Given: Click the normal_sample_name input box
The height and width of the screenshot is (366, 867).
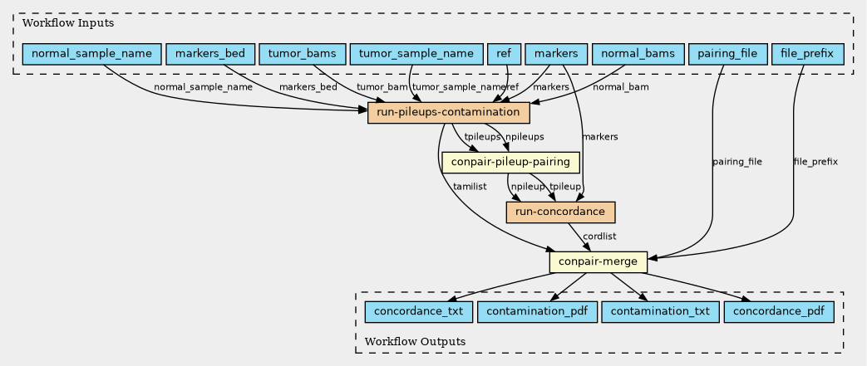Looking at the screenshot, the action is tap(91, 54).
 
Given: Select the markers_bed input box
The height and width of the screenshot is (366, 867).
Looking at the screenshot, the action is tap(210, 54).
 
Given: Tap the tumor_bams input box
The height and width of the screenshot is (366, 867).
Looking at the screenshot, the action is tap(302, 54).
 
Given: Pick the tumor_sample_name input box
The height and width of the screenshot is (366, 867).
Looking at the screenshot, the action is tap(416, 54).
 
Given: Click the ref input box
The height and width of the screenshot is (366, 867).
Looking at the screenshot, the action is tap(504, 54).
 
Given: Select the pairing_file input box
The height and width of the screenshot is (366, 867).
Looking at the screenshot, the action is tap(727, 54).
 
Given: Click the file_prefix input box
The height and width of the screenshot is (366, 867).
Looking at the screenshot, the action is tap(807, 54).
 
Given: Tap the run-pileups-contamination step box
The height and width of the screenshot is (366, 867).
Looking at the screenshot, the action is tap(448, 113).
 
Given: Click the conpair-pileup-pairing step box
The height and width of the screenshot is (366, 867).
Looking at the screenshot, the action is tap(510, 163).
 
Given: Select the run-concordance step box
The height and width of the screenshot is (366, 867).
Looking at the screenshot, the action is tap(560, 212).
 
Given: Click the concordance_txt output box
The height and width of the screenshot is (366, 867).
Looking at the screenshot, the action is tap(419, 312).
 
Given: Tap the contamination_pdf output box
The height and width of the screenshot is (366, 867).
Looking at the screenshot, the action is tap(536, 312).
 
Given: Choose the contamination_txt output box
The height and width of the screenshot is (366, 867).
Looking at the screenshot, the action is tap(660, 312).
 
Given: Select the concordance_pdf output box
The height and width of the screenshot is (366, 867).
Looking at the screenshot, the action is tap(779, 312).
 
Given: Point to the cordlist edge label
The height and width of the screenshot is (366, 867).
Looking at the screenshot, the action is tap(599, 237).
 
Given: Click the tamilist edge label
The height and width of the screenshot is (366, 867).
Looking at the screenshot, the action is tap(470, 187).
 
